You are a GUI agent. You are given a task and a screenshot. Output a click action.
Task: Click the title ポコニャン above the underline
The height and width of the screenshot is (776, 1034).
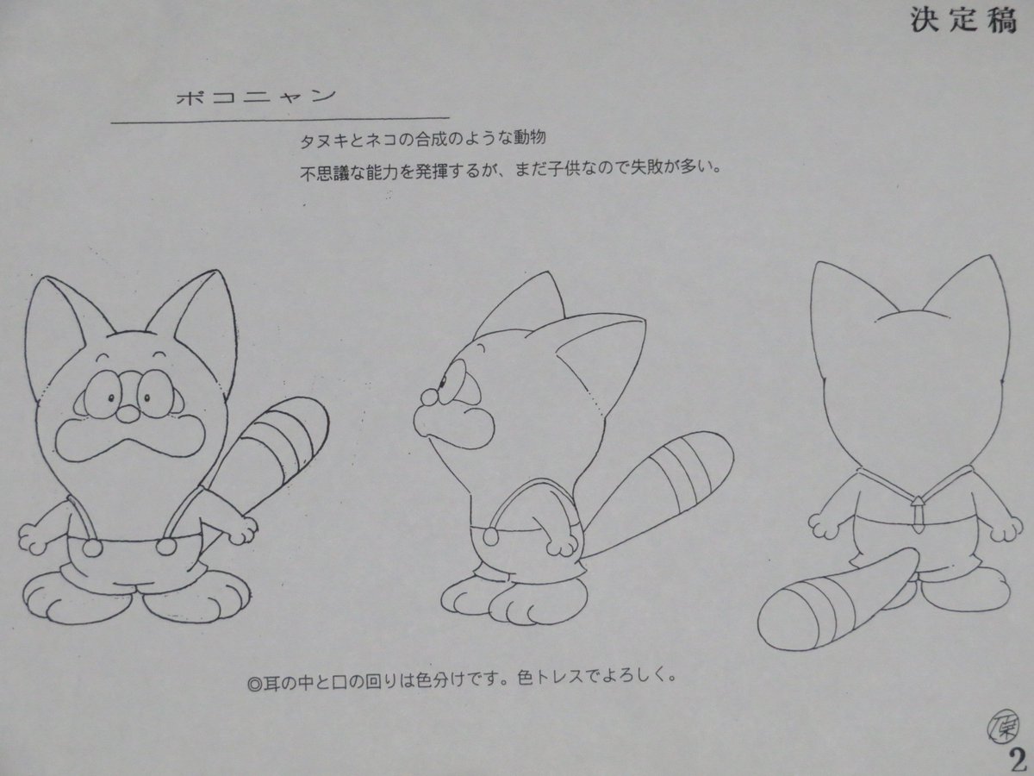(x=252, y=97)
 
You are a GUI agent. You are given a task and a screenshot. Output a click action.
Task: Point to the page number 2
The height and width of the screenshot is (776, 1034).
(x=1018, y=759)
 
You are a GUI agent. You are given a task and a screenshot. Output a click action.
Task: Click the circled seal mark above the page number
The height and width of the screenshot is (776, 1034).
(x=999, y=723)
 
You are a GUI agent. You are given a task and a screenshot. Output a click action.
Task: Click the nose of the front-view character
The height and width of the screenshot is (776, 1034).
(x=124, y=414)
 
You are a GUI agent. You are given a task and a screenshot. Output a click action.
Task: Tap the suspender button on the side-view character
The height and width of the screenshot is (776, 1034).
(x=490, y=536)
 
